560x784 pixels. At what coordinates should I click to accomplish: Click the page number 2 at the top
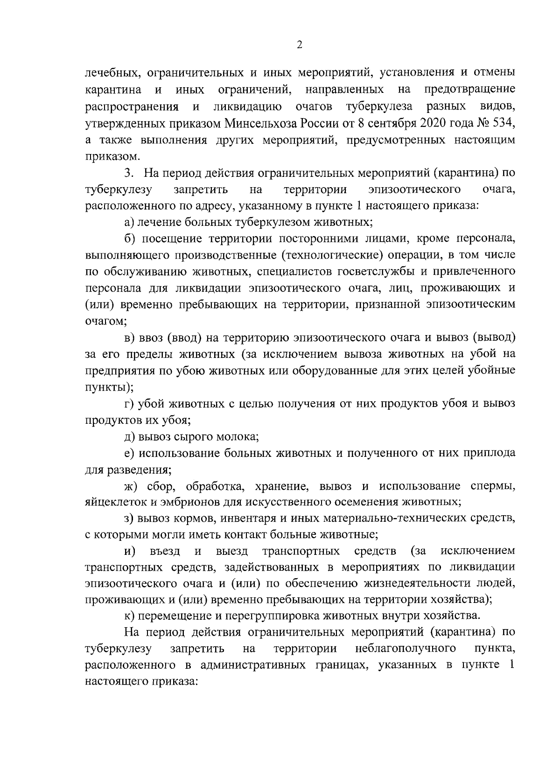tap(299, 45)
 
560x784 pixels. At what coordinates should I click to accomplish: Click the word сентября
tap(383, 124)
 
